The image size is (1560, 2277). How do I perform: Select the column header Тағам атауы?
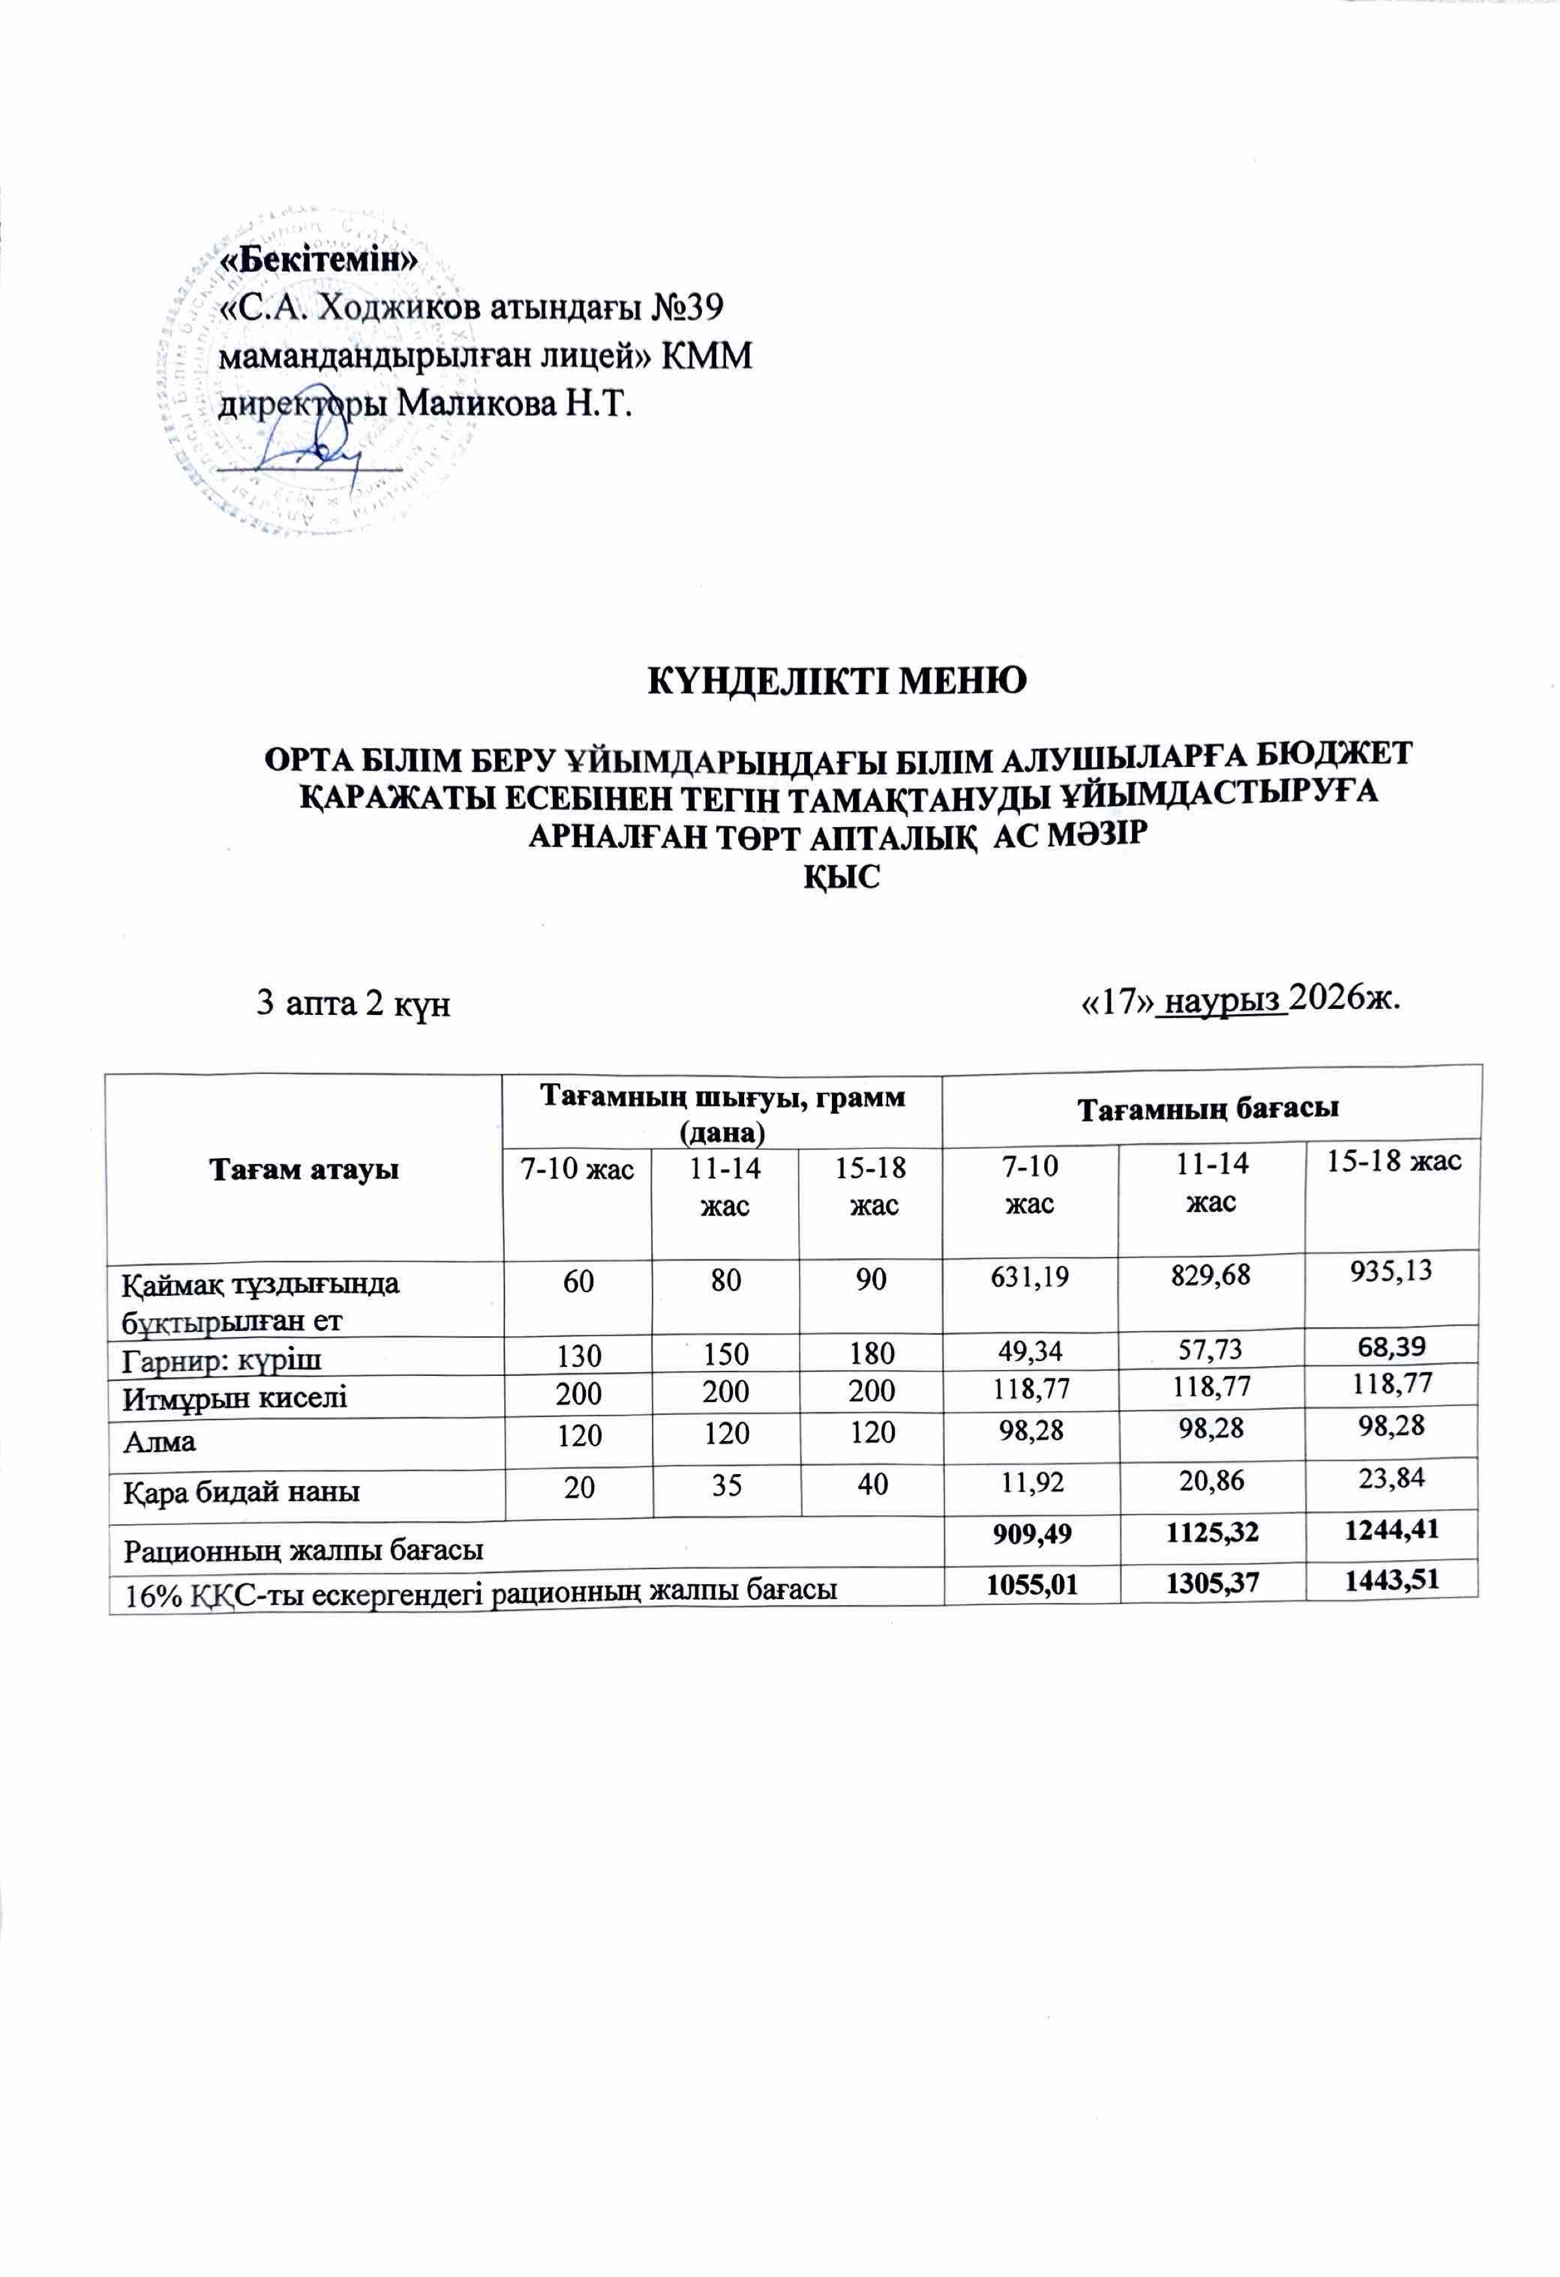(304, 1169)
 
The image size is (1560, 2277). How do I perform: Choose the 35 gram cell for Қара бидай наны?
(725, 1485)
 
